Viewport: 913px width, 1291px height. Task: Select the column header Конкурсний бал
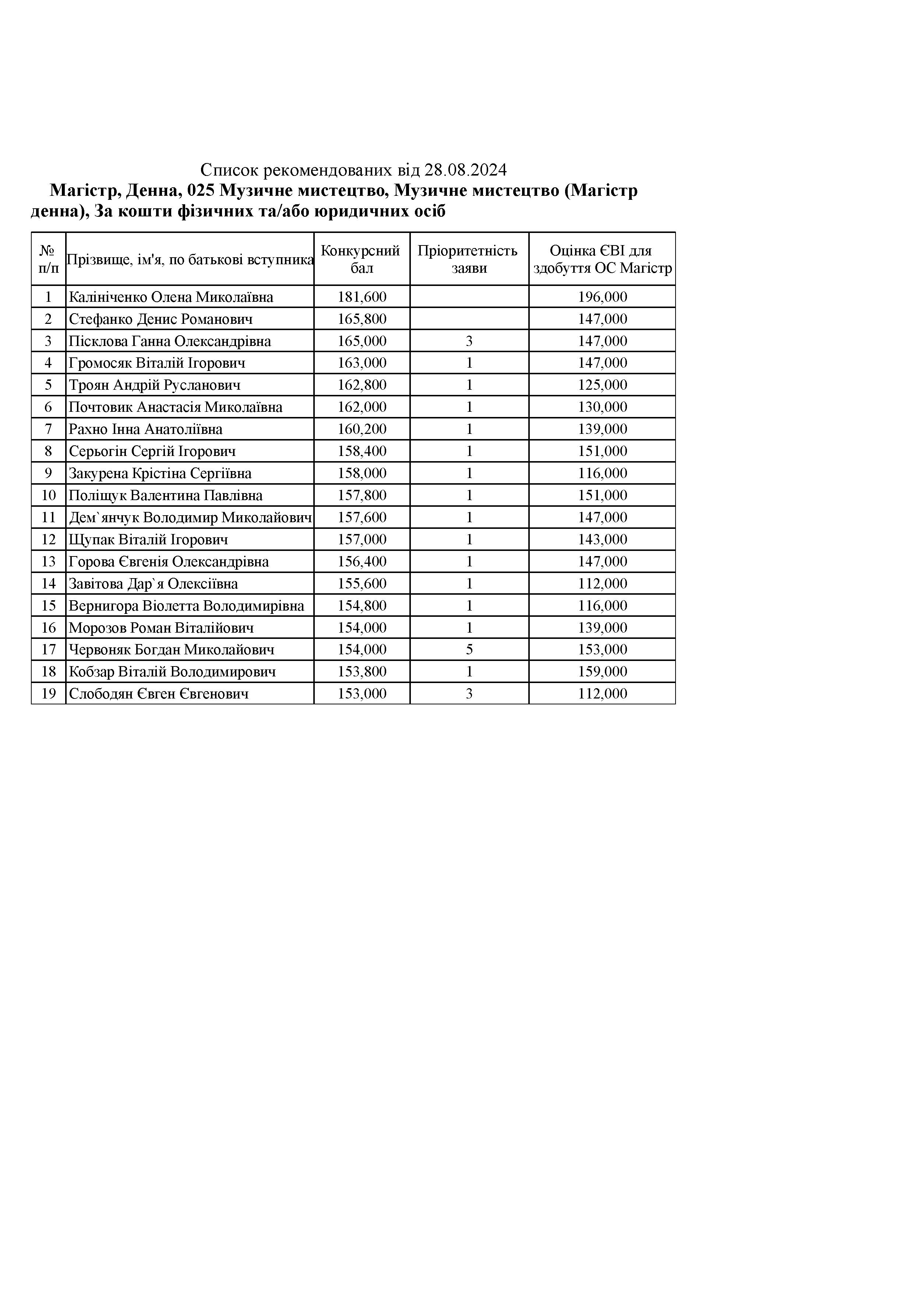(361, 259)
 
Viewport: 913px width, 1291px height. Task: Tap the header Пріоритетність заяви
(469, 259)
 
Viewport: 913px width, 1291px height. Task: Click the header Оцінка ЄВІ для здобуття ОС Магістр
(602, 259)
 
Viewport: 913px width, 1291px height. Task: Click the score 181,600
(362, 297)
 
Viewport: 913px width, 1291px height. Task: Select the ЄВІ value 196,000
(602, 297)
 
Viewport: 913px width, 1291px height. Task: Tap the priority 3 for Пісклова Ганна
(469, 341)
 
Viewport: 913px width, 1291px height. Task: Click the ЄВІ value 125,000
(602, 385)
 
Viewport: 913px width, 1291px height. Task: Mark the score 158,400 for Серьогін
(362, 451)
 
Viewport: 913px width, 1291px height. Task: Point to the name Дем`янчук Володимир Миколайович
(190, 517)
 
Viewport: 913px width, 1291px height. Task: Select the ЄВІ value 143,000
(602, 539)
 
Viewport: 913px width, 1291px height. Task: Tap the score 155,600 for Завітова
(362, 584)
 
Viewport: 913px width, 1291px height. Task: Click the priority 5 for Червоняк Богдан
(469, 650)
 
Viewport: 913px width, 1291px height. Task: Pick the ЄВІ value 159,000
(602, 671)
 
